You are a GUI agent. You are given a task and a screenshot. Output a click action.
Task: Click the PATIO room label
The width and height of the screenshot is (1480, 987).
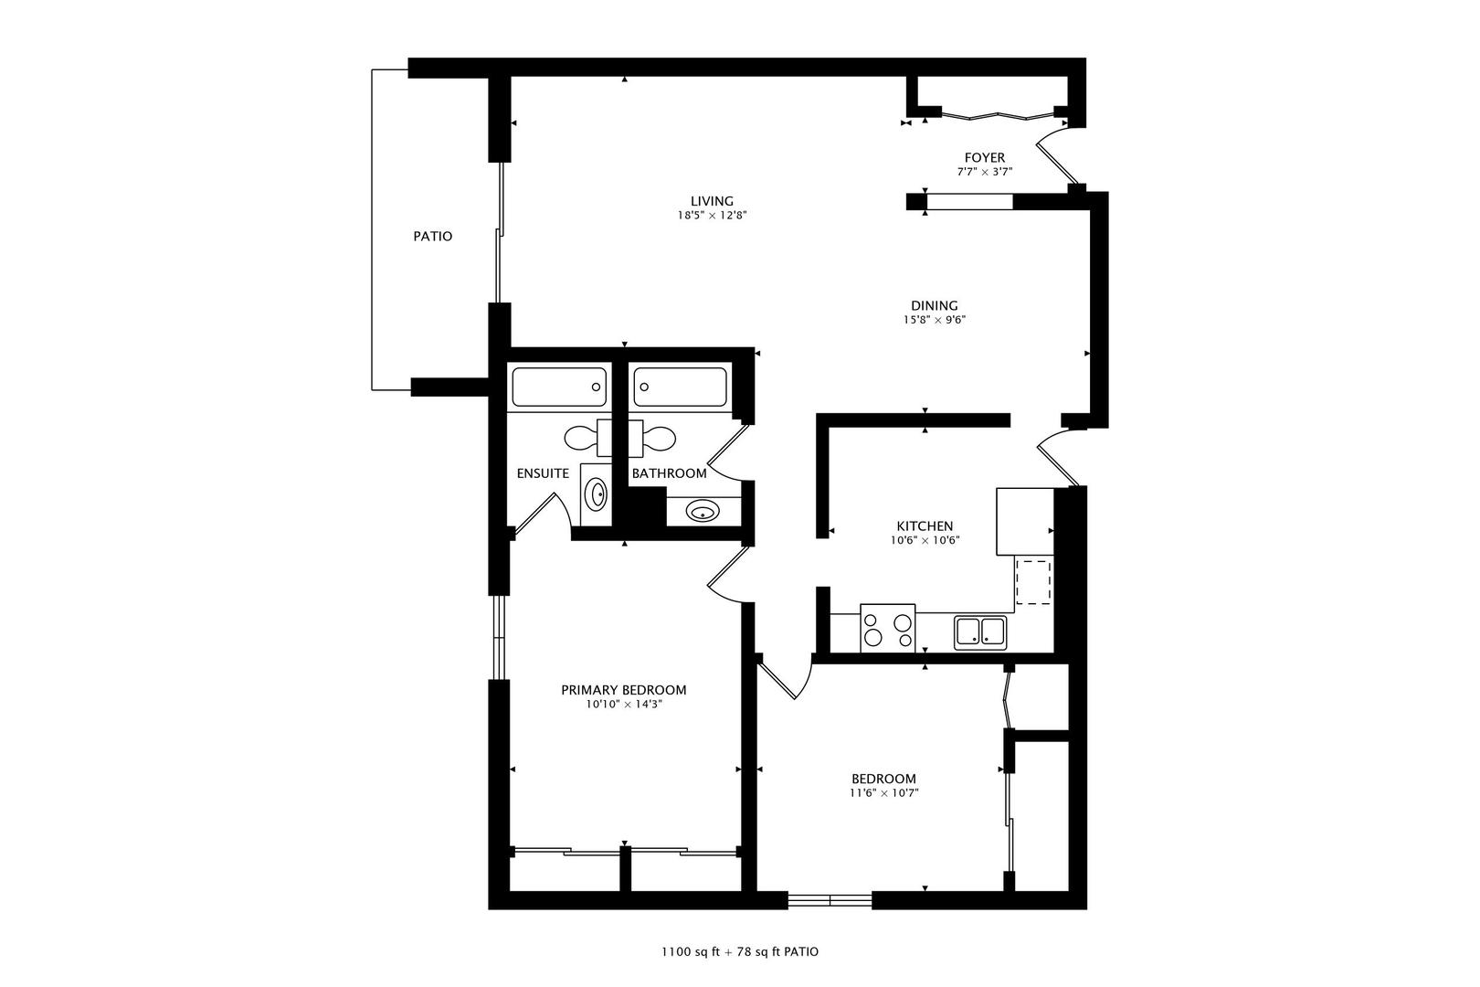coord(433,237)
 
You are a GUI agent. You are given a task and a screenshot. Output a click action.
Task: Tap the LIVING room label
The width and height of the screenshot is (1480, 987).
coord(712,202)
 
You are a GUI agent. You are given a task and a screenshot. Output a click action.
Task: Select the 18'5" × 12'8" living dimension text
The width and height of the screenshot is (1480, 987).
coord(712,216)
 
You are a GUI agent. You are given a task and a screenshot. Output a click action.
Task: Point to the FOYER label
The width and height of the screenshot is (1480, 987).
coord(985,158)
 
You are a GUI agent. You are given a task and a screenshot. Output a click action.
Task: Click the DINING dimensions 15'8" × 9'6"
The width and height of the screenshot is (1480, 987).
coord(935,320)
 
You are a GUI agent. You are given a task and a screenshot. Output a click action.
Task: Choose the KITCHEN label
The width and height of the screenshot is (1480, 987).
coord(925,526)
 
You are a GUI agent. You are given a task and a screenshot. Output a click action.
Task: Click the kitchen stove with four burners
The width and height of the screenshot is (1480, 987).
coord(887,628)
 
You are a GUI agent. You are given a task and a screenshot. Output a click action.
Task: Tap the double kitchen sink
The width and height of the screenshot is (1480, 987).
coord(980,632)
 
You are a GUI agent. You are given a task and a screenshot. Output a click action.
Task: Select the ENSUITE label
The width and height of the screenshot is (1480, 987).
coord(543,473)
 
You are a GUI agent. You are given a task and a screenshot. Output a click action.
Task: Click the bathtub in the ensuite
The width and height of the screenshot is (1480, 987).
coord(559,387)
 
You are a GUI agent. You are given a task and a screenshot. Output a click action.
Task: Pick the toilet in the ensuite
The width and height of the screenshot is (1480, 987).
coord(587,438)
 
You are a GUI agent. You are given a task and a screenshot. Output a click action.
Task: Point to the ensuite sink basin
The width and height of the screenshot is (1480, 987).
coord(596,494)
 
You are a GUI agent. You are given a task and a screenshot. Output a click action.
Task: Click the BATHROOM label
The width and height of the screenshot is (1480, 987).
coord(670,473)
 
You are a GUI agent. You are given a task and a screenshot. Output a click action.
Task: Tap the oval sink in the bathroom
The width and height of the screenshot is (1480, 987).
coord(703,511)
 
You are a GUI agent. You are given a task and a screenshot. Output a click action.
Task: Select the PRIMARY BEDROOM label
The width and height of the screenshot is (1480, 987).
coord(624,690)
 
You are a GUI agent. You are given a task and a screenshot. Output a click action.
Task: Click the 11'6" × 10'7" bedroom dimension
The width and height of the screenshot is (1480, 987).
coord(884,793)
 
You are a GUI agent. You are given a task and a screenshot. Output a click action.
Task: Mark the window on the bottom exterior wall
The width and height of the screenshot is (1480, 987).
coord(830,900)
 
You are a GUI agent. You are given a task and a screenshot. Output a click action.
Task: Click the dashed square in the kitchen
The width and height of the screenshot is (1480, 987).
coord(1032,582)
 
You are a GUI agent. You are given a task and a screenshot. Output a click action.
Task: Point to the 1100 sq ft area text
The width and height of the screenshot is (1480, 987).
coord(690,952)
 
